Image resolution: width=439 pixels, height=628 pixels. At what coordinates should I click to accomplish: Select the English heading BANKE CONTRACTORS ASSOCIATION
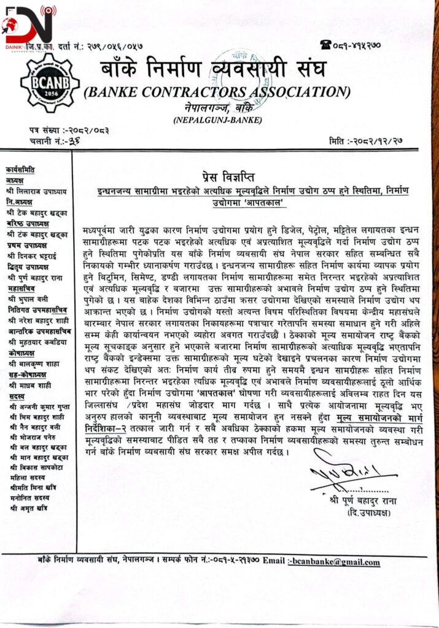[217, 92]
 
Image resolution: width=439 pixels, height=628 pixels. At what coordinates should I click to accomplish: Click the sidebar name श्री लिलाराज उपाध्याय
[36, 191]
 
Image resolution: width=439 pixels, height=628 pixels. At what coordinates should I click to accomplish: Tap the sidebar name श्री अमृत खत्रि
[30, 508]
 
